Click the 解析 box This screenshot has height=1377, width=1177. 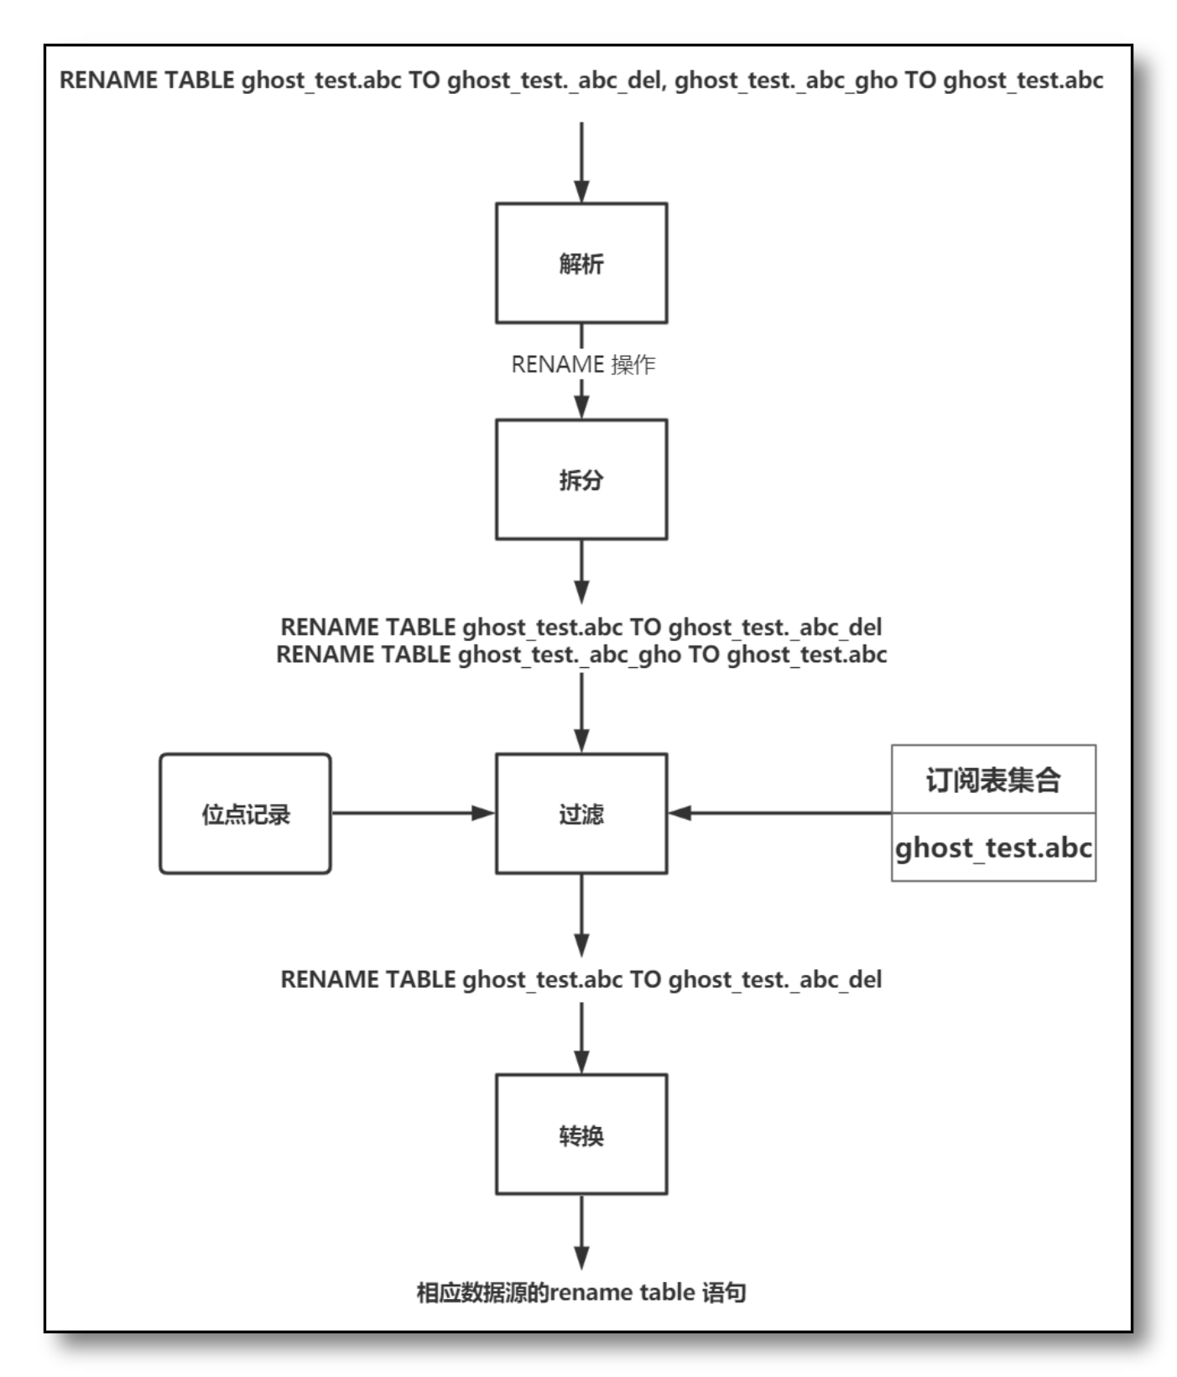point(581,263)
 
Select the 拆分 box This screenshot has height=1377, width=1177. point(581,479)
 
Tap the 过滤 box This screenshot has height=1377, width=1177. point(581,813)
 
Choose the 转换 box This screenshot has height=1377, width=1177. point(581,1134)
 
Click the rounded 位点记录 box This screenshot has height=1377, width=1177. point(245,813)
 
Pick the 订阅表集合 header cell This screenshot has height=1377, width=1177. point(993,780)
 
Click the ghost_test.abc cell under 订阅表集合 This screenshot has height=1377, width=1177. point(993,848)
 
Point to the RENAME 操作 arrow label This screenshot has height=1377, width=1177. point(583,364)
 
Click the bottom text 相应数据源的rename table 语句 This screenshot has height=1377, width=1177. point(581,1291)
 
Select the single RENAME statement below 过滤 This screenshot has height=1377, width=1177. point(581,979)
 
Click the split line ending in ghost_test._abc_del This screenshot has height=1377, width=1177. point(581,627)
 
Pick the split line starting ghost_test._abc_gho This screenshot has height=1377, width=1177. point(581,655)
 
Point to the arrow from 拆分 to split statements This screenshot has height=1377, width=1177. point(581,571)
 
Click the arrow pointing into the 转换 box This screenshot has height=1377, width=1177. point(581,1038)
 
